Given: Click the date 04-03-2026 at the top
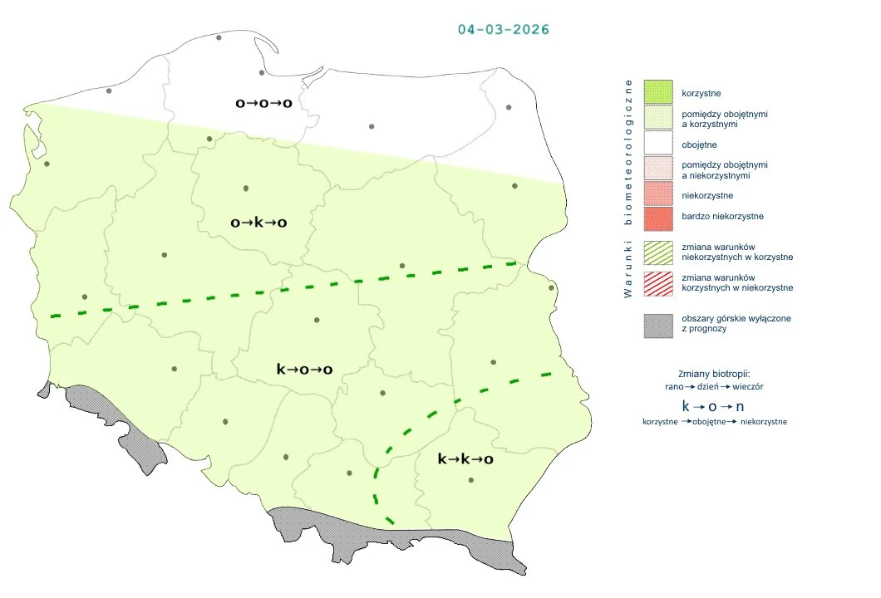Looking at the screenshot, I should click(x=504, y=29).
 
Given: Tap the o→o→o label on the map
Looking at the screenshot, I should click(x=263, y=104).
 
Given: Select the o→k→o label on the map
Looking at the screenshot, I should click(x=258, y=223).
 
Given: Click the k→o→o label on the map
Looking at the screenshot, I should click(x=304, y=370).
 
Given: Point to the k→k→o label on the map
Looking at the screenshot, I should click(x=465, y=458).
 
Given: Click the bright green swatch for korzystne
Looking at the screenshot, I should click(x=657, y=93).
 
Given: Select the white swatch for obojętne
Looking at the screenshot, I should click(x=657, y=145).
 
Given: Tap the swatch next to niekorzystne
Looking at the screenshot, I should click(x=657, y=195).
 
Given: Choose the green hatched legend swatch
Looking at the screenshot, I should click(x=657, y=252).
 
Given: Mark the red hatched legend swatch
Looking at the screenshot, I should click(x=657, y=282).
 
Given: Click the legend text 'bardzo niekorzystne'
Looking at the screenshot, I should click(x=721, y=217).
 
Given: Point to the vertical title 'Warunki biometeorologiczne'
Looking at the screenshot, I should click(x=628, y=189).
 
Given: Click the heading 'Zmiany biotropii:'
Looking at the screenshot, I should click(x=714, y=374).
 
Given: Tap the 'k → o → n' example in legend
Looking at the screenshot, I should click(x=713, y=406).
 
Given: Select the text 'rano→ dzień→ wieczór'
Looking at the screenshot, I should click(x=714, y=387).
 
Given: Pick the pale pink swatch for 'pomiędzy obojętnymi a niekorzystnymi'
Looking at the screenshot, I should click(x=657, y=169).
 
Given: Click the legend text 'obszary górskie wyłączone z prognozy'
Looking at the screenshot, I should click(x=723, y=323).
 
